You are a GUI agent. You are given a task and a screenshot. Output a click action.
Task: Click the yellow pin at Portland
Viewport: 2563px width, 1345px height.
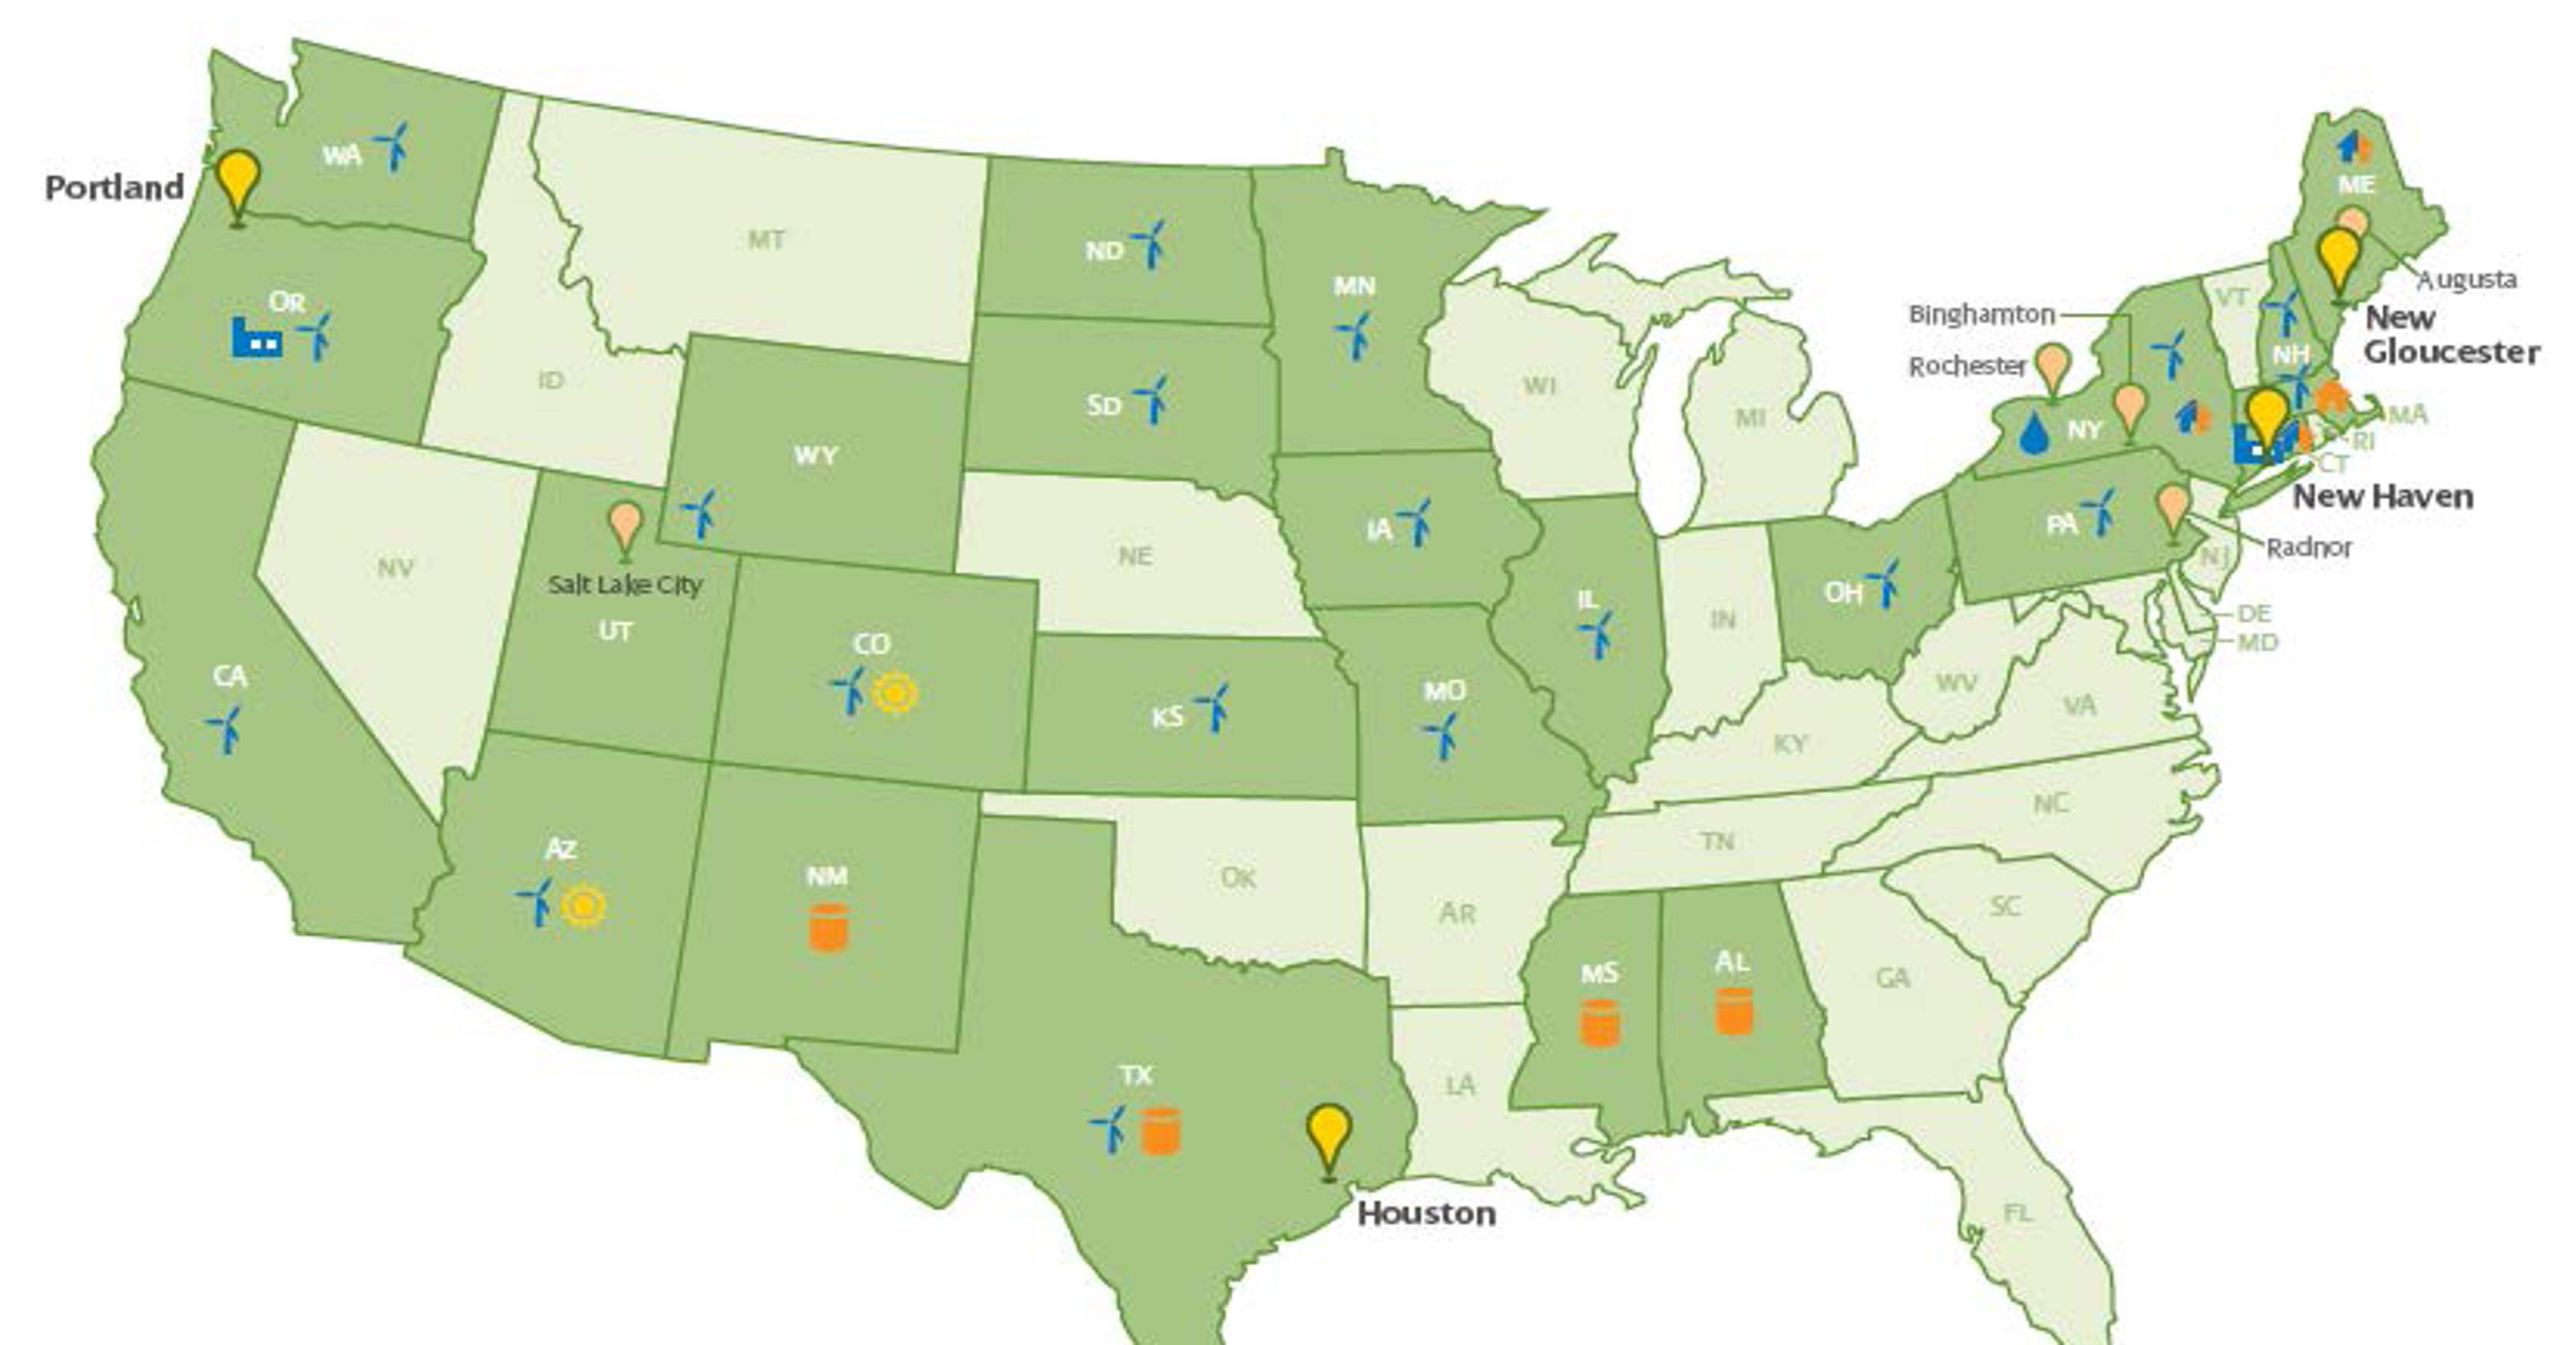click(x=238, y=181)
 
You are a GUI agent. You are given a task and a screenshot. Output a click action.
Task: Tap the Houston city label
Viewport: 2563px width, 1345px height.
click(x=1426, y=1214)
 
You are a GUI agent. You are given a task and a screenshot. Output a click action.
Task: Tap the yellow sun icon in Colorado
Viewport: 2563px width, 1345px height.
click(x=895, y=693)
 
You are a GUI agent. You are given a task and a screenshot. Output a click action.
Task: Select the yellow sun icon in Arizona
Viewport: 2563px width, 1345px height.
click(x=583, y=906)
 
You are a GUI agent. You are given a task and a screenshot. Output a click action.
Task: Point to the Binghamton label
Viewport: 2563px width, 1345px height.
click(x=1981, y=315)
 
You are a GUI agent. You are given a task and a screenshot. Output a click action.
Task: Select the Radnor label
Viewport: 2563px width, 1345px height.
click(x=2308, y=547)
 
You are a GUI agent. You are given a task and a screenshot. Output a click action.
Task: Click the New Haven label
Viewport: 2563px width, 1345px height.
click(x=2382, y=496)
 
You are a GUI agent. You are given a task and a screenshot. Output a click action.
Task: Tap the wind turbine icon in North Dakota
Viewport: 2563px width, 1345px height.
click(x=1150, y=243)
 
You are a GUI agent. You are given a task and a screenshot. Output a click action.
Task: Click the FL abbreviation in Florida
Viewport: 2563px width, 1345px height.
click(x=2017, y=1213)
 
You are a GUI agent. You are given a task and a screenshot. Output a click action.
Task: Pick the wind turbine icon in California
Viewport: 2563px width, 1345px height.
click(x=227, y=729)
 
